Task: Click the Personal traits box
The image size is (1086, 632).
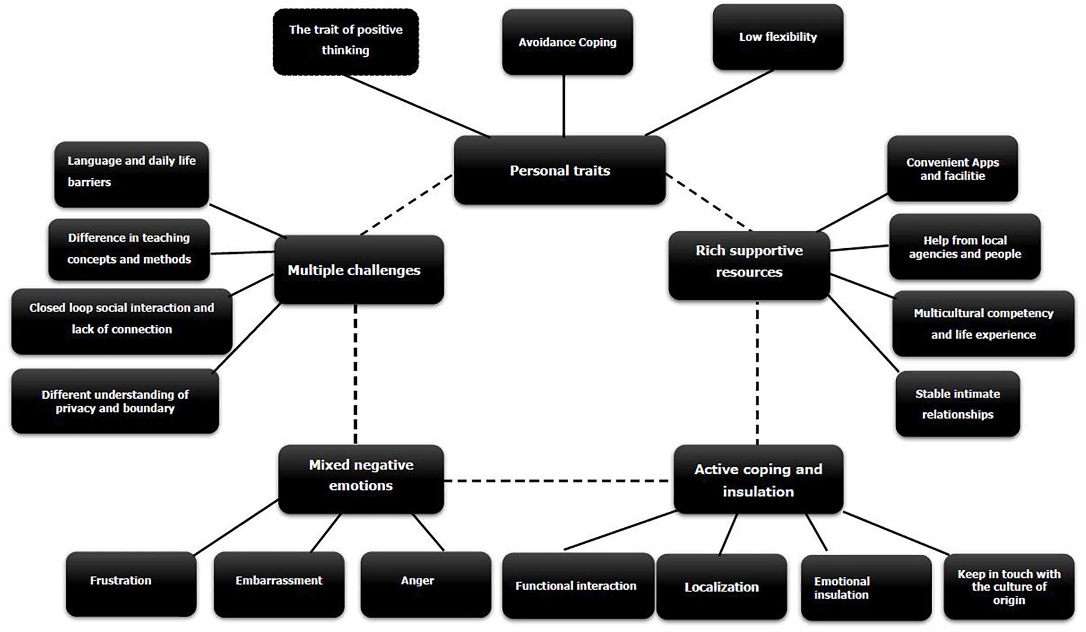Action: coord(560,170)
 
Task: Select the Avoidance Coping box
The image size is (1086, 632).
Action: coord(567,42)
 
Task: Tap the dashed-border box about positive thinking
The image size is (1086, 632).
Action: coord(345,41)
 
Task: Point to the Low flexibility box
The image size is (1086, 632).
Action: coord(777,37)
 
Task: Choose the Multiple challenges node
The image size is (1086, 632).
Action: coord(358,270)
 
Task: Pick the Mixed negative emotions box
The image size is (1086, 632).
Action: coord(361,479)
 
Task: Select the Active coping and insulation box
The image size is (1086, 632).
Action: coord(758,479)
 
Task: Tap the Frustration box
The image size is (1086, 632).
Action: coord(131,583)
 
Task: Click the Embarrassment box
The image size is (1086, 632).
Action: coord(279,583)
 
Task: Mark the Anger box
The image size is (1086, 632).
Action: coord(425,583)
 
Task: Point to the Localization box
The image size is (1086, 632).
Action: coord(721,587)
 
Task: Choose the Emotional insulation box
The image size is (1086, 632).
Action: coord(865,587)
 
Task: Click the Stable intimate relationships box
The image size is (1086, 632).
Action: coord(957,404)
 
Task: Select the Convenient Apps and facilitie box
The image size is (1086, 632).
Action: coord(952,169)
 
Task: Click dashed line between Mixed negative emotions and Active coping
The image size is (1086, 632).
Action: coord(557,481)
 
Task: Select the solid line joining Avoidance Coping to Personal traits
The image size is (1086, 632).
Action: coord(564,106)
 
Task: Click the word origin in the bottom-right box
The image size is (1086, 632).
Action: coord(1008,601)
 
